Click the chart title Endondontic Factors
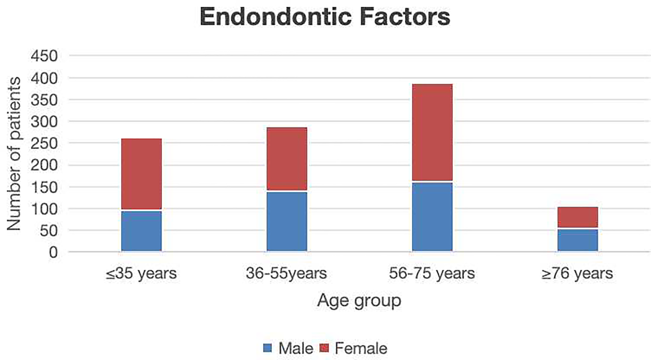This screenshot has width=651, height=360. pos(325,17)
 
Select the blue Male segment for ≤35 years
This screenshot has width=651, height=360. pos(141,231)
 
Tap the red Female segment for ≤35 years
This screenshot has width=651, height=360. pos(141,174)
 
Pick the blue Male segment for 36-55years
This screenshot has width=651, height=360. pos(287,221)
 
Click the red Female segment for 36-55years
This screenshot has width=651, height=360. pos(287,159)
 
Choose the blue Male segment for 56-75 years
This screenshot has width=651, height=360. pos(432,217)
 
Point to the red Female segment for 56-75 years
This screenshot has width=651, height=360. pos(432,132)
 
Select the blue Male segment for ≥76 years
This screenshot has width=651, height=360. pos(578,240)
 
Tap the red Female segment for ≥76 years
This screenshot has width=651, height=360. pos(578,217)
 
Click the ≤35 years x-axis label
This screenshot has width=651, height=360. pos(141,274)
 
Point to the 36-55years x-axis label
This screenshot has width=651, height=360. pos(286,274)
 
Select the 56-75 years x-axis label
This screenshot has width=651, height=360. pos(432,274)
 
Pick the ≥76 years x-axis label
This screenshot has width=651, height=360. pos(577,274)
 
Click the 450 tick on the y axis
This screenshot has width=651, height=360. pos(44,56)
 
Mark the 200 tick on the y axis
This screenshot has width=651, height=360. pos(44,165)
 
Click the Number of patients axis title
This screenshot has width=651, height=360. pos(14,154)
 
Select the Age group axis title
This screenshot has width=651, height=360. pos(359,301)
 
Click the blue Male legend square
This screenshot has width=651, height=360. pos(268,348)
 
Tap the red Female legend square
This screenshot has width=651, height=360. pos(324,348)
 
